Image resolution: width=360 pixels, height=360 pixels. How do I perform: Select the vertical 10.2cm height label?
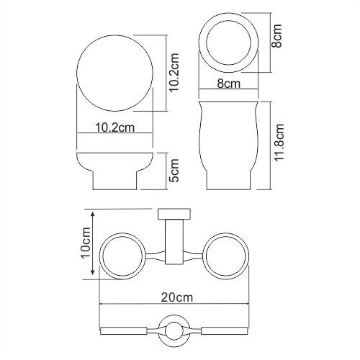174,74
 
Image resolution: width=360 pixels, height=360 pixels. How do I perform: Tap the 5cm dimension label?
174,171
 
